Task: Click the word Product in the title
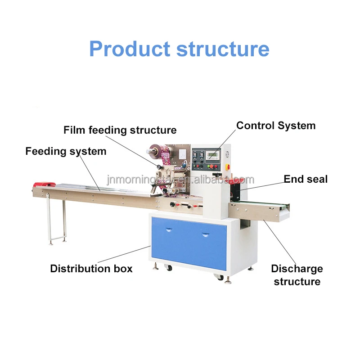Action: pos(129,49)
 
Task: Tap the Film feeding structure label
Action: pos(120,130)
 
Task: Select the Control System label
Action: pos(276,126)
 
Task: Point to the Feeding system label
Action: pos(66,151)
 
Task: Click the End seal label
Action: pos(306,179)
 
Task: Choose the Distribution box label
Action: pos(91,269)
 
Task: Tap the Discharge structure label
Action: pos(297,275)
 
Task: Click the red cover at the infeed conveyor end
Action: pos(44,184)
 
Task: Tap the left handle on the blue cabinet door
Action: pos(169,230)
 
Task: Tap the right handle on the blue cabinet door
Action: pos(206,234)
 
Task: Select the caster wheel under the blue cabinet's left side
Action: pos(169,268)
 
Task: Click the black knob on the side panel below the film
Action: pos(171,204)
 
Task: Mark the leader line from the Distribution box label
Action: pos(124,254)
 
